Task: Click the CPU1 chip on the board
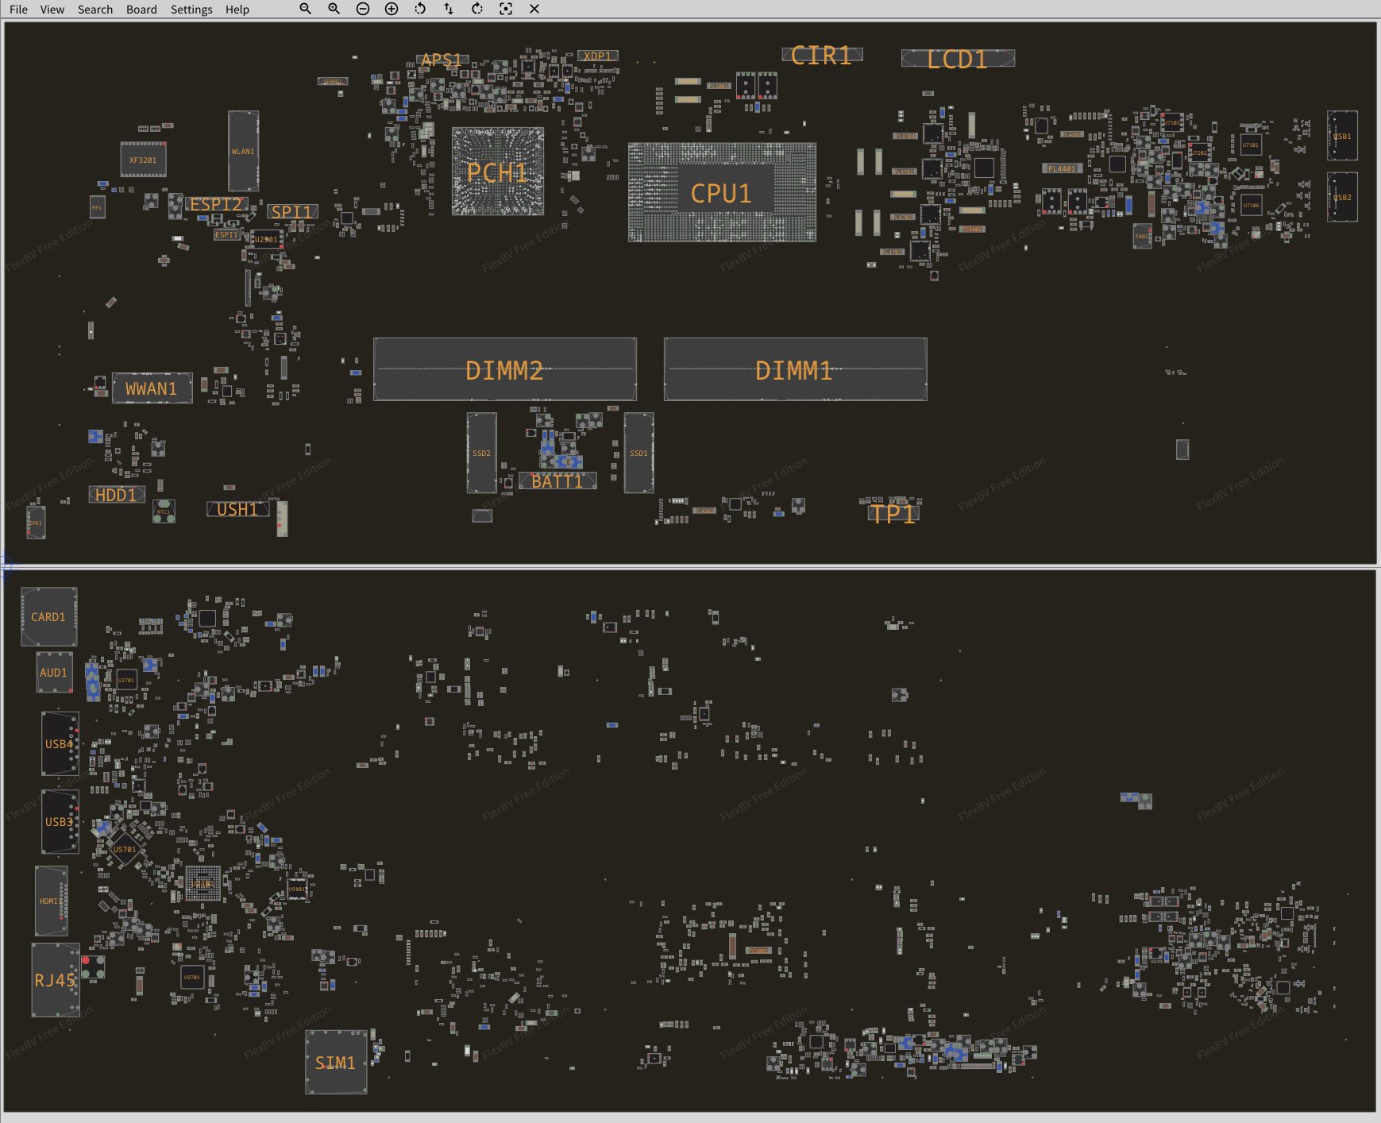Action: pos(721,193)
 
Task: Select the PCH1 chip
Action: pos(497,172)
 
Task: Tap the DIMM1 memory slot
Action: pos(794,370)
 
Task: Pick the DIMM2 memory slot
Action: pos(504,370)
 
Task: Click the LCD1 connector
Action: pos(957,59)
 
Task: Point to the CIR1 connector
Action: pos(821,56)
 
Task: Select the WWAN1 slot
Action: pos(151,388)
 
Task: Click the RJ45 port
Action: pos(55,980)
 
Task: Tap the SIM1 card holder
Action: pos(335,1063)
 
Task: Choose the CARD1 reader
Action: pos(48,617)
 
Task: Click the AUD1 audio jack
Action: pos(54,673)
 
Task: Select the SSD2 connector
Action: pos(481,453)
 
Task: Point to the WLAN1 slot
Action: pos(243,151)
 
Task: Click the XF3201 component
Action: pos(143,160)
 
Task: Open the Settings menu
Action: pos(191,10)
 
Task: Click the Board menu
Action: pos(141,10)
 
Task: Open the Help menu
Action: pos(237,10)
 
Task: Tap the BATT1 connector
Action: pos(557,481)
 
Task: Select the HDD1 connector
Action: pos(116,495)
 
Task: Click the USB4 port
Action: pos(60,744)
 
